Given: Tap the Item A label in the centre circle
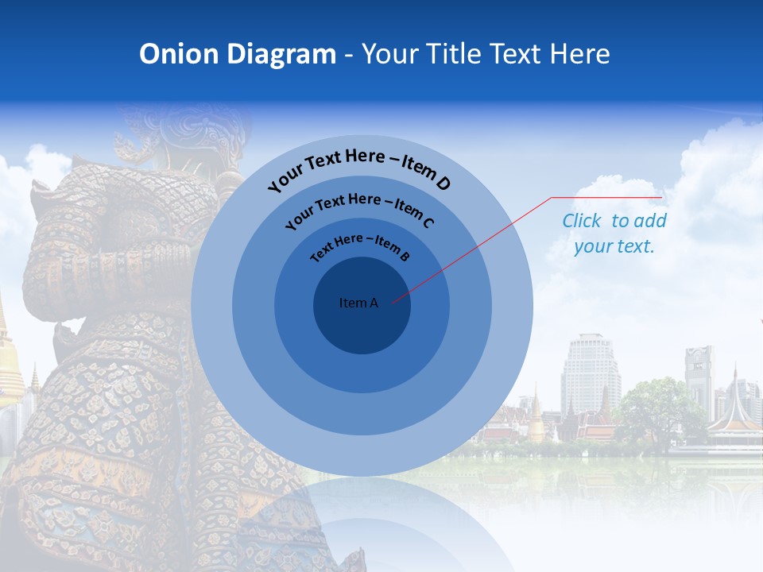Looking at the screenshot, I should coord(358,303).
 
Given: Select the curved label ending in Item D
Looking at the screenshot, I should coord(359,168).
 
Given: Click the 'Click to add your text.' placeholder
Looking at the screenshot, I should coord(614,234).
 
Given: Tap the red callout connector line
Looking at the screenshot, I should coord(477,246).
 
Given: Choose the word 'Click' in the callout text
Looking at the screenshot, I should coord(583,221).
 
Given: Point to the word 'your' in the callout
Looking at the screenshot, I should coord(593,246).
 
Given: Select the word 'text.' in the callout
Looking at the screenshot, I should coord(636,246).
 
